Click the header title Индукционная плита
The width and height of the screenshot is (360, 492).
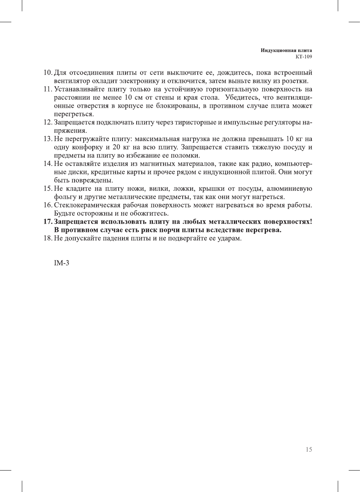[286, 50]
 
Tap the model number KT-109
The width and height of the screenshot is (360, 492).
[304, 57]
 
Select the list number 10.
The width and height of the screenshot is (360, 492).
[47, 73]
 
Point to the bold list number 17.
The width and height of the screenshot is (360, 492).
[48, 222]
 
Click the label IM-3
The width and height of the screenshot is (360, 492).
[61, 263]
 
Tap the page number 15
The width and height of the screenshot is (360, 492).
[309, 449]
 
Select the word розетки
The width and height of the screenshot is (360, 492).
[295, 81]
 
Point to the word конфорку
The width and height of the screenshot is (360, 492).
[88, 147]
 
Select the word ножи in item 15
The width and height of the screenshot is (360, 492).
[136, 189]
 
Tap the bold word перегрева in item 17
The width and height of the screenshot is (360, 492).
[262, 230]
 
